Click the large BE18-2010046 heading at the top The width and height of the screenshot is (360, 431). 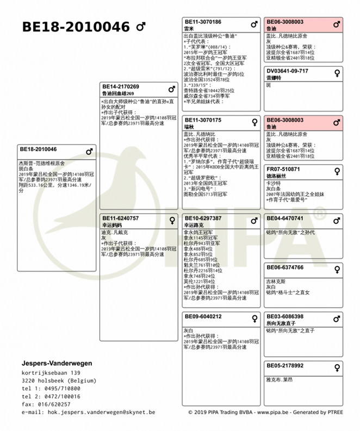tap(76, 27)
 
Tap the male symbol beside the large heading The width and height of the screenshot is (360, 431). tap(140, 27)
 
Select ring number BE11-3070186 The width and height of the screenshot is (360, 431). tap(203, 22)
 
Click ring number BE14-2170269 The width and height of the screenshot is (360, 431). tap(121, 86)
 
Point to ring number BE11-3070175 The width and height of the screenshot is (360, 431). tap(203, 120)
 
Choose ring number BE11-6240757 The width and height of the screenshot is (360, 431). tap(121, 218)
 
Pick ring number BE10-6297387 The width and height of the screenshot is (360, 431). tap(203, 218)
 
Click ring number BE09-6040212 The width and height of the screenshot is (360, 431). tap(203, 316)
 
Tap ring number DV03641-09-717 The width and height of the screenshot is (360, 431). tap(287, 71)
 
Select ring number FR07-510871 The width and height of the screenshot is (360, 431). tap(283, 169)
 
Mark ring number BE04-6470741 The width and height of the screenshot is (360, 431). tap(285, 218)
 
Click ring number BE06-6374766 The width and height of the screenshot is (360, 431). tap(285, 267)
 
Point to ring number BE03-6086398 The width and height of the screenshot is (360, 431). tap(285, 316)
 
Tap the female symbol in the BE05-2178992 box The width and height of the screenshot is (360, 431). tap(337, 367)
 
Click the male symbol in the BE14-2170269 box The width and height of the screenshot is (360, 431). tap(172, 89)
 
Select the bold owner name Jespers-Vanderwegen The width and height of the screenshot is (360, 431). tap(57, 363)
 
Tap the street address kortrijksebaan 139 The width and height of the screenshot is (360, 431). tap(51, 373)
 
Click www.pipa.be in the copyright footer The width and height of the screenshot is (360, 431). tap(272, 413)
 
